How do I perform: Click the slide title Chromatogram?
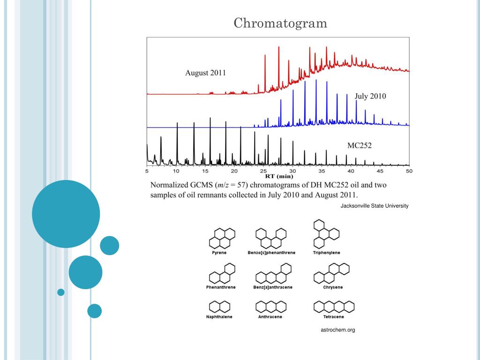click(x=280, y=23)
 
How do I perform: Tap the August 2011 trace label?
click(x=205, y=73)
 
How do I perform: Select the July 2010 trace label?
click(x=370, y=96)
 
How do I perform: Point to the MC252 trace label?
click(x=359, y=145)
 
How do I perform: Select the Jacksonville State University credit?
click(x=375, y=206)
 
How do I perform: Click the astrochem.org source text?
click(x=337, y=330)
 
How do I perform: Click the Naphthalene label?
click(x=219, y=317)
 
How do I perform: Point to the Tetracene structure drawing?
click(x=334, y=307)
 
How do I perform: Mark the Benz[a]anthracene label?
click(x=272, y=287)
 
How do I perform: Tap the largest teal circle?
click(x=66, y=214)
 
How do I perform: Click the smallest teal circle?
click(x=60, y=292)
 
